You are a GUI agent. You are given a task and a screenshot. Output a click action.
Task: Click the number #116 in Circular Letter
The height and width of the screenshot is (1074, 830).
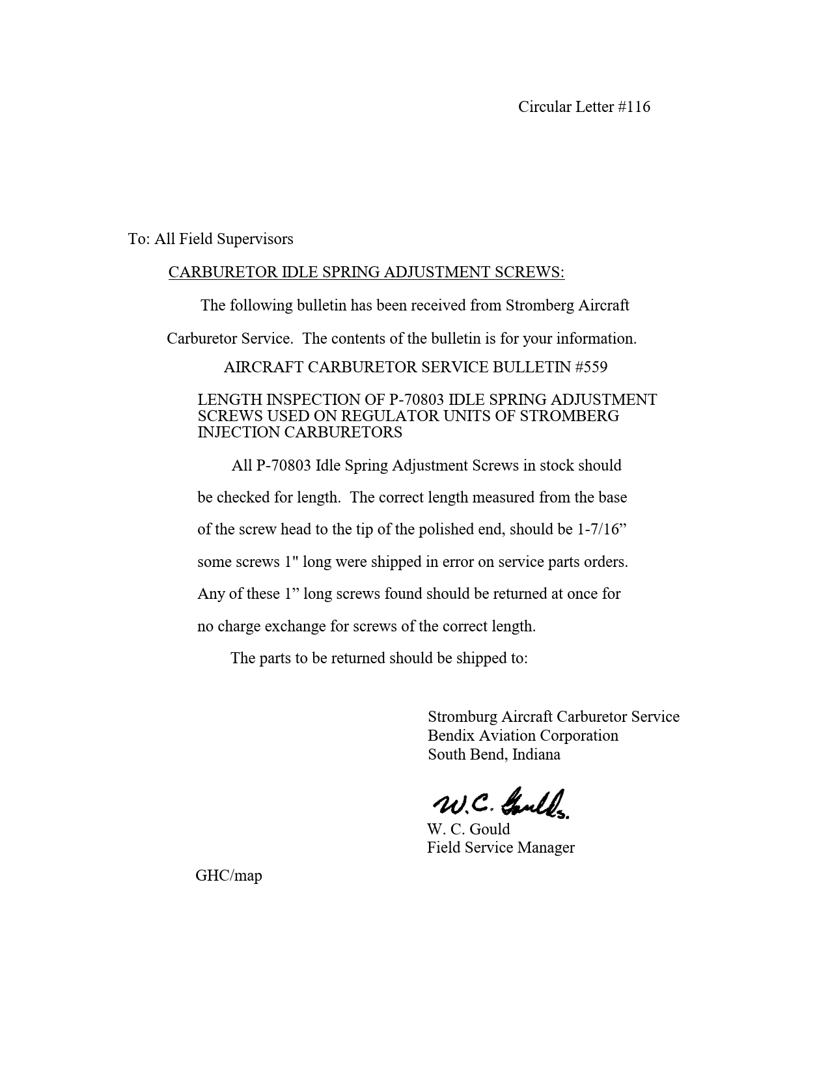pyautogui.click(x=634, y=107)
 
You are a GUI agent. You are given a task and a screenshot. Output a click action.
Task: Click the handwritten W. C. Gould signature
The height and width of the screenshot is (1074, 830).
pyautogui.click(x=500, y=805)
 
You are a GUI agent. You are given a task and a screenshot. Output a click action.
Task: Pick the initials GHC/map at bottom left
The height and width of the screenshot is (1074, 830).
pyautogui.click(x=228, y=875)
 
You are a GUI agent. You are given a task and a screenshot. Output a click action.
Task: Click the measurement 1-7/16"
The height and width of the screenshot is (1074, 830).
pyautogui.click(x=602, y=529)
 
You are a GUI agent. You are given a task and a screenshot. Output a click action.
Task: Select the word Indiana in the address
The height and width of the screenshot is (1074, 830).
pyautogui.click(x=536, y=754)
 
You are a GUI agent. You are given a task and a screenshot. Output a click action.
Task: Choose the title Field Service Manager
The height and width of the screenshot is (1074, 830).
pyautogui.click(x=501, y=847)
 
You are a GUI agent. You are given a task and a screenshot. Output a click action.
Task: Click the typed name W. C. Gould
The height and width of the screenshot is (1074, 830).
pyautogui.click(x=468, y=829)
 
